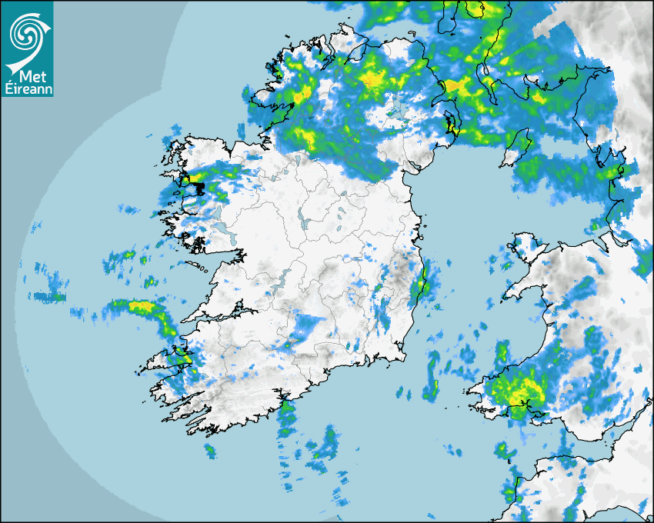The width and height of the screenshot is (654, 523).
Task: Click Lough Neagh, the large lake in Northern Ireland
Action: [x=395, y=107]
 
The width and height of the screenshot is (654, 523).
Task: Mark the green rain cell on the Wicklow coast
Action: [x=419, y=289]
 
